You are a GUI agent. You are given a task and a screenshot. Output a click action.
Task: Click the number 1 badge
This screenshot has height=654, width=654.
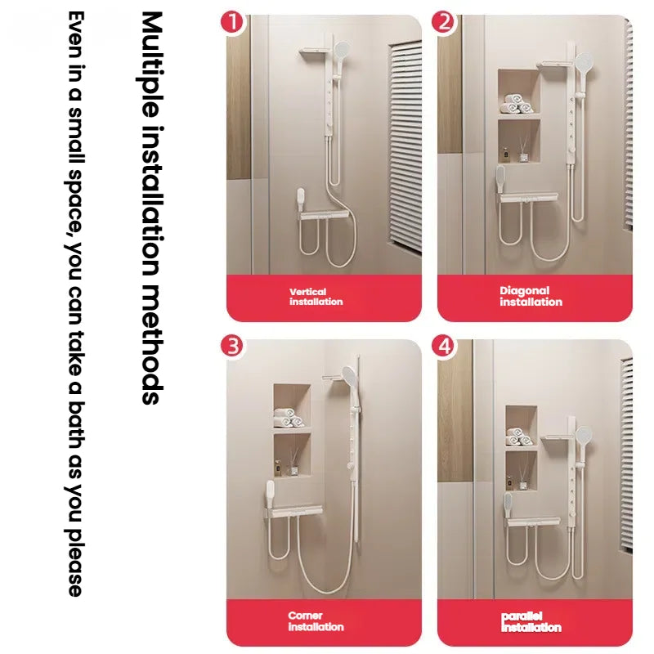(232, 22)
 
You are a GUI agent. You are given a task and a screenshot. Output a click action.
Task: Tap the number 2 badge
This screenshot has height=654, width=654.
(443, 22)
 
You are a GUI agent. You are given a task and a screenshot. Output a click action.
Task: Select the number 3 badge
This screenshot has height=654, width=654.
(232, 346)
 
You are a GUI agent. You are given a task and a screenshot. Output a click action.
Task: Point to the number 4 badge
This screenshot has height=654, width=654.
(443, 346)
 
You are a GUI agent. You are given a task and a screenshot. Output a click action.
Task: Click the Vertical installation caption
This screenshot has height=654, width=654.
(316, 297)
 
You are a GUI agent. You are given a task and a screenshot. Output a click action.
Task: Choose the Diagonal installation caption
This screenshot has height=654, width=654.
(531, 296)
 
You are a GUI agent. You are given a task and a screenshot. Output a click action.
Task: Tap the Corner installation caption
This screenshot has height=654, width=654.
(316, 621)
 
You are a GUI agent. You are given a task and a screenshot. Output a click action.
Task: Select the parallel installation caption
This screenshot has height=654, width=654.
(531, 621)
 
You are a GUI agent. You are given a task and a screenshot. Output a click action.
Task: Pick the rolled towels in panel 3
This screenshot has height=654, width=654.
(289, 418)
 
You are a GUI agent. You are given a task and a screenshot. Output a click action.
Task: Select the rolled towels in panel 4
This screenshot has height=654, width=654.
(519, 437)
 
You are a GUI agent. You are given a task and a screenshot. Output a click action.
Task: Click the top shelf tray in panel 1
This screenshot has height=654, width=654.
(316, 52)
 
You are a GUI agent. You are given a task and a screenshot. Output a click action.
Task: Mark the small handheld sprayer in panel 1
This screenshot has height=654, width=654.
(300, 199)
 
